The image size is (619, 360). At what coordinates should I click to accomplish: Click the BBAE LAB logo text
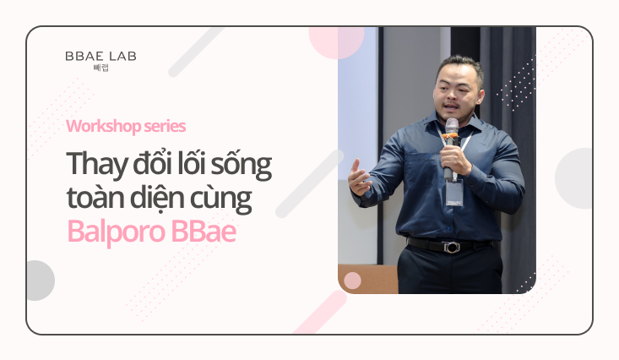click(x=100, y=56)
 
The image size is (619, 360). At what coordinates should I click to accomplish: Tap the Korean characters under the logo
click(x=101, y=68)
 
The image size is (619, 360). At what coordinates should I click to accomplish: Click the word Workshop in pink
click(x=103, y=127)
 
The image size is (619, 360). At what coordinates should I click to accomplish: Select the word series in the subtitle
click(x=165, y=127)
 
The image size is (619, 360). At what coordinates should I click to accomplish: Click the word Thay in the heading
click(x=97, y=165)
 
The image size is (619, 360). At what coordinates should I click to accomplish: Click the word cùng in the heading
click(x=221, y=199)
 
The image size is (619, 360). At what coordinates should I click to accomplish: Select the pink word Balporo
click(x=116, y=232)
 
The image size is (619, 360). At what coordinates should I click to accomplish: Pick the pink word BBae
click(x=204, y=232)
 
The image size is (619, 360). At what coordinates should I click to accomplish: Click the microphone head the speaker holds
click(x=452, y=127)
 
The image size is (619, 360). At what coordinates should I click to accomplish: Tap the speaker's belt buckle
click(x=450, y=248)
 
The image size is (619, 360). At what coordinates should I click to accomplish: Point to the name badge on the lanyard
click(x=454, y=193)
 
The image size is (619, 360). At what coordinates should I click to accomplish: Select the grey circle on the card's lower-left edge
click(x=40, y=281)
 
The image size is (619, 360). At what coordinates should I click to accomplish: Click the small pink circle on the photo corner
click(x=352, y=281)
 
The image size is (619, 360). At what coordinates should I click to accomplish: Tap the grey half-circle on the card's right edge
click(x=574, y=178)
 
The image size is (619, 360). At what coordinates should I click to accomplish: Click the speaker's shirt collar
click(x=455, y=126)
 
